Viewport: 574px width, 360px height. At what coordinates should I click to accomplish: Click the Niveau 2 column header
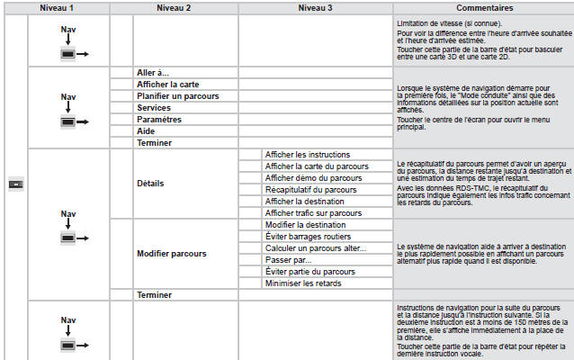(x=174, y=7)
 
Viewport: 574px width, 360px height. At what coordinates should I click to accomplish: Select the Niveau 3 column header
(x=315, y=7)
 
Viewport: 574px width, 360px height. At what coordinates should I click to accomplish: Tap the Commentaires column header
(x=481, y=7)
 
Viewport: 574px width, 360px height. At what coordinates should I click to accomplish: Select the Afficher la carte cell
(x=167, y=84)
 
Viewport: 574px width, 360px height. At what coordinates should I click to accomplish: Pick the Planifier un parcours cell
(x=177, y=95)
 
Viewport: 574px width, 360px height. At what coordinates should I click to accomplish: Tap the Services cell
(x=154, y=107)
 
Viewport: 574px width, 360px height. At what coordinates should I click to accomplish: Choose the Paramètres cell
(x=159, y=119)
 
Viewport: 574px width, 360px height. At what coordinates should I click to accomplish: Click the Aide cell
(x=147, y=130)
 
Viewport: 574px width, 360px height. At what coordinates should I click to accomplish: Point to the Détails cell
(x=150, y=184)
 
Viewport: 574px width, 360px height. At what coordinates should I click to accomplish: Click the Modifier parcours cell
(x=171, y=254)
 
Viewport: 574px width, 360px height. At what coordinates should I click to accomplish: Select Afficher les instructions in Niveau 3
(x=308, y=155)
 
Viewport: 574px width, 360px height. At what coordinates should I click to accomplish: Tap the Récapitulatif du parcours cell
(x=310, y=190)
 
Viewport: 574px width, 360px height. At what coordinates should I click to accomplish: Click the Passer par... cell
(x=288, y=260)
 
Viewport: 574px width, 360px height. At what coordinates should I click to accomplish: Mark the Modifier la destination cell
(x=306, y=225)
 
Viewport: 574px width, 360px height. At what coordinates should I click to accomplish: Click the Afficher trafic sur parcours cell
(x=313, y=213)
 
